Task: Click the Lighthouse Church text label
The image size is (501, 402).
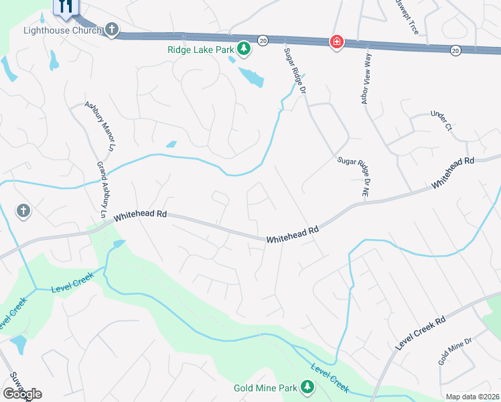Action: pyautogui.click(x=62, y=30)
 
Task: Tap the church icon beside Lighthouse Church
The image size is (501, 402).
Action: pyautogui.click(x=112, y=29)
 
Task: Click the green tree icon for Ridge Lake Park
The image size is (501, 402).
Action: pyautogui.click(x=244, y=48)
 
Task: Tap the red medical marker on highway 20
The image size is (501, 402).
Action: pyautogui.click(x=336, y=43)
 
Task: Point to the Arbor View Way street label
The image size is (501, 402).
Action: pyautogui.click(x=366, y=80)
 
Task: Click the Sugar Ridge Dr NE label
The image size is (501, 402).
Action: pyautogui.click(x=355, y=176)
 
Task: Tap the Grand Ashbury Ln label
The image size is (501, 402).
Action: pyautogui.click(x=102, y=190)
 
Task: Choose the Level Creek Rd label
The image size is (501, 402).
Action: pyautogui.click(x=421, y=333)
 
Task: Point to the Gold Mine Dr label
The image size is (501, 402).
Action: pyautogui.click(x=456, y=351)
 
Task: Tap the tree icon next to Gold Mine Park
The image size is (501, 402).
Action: pyautogui.click(x=307, y=387)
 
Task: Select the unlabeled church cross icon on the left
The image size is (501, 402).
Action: pyautogui.click(x=23, y=211)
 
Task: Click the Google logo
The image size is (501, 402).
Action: pyautogui.click(x=22, y=393)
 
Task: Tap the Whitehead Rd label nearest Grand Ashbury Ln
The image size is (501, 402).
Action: pyautogui.click(x=139, y=216)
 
